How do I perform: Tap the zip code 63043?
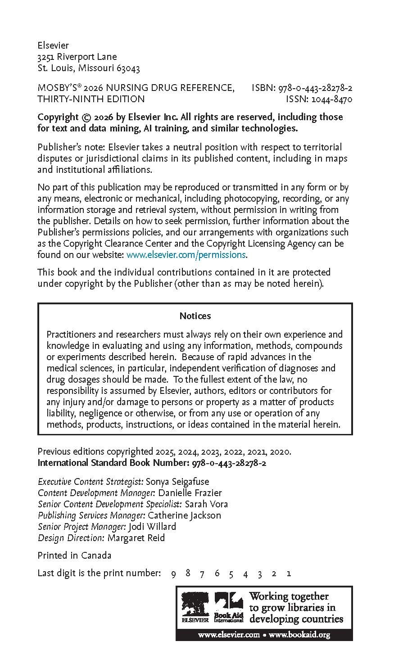coord(128,68)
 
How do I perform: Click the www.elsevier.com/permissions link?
coord(186,255)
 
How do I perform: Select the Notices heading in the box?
coord(195,316)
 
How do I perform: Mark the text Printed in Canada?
coord(74,556)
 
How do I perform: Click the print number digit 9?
coord(173,574)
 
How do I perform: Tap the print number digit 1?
coord(289,574)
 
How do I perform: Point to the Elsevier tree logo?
coord(195,605)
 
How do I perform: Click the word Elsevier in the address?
coord(53,45)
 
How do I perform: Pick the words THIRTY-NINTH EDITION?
coord(91,99)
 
